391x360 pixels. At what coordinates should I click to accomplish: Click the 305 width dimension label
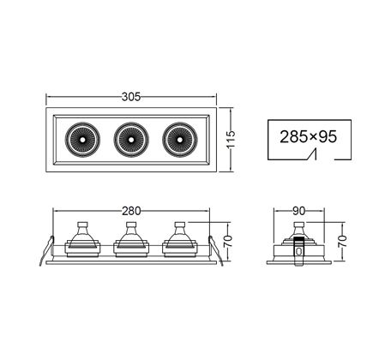coord(131,97)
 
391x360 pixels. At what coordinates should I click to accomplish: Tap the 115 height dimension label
coord(231,139)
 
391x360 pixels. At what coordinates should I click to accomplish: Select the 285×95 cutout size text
coord(309,136)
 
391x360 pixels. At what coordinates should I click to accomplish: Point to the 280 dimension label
coord(131,211)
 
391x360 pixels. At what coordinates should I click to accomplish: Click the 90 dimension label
coord(299,211)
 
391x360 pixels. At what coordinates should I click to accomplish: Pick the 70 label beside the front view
coord(227,242)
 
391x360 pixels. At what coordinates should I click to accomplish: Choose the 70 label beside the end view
coord(342,242)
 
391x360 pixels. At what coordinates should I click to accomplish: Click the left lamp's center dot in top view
coord(82,140)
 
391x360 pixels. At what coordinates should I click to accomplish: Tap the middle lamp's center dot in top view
coord(131,140)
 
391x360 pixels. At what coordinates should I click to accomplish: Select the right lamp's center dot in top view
coord(179,140)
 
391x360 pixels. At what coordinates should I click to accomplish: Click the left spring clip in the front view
coord(46,251)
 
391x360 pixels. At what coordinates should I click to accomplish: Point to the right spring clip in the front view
coord(215,251)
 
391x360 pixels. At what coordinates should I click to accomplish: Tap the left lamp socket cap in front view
coord(82,225)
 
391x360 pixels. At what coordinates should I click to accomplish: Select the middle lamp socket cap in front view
coord(131,225)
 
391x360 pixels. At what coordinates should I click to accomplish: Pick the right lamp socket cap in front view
coord(180,225)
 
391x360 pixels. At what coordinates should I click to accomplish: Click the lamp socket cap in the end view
coord(299,225)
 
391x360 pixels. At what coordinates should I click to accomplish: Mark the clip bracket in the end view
coord(298,251)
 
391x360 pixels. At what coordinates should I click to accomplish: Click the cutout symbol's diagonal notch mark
coord(311,154)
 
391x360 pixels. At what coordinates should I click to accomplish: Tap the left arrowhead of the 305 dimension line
coord(49,97)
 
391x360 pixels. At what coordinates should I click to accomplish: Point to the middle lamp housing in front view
coord(131,243)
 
